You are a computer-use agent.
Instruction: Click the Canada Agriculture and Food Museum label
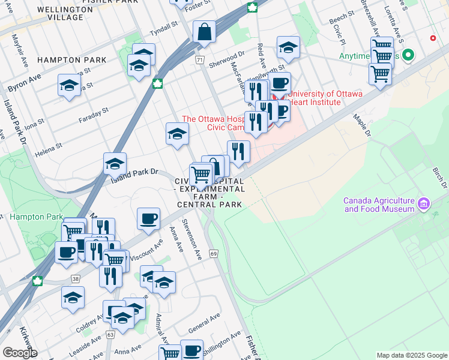pos(379,205)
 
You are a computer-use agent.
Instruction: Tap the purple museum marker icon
pos(424,204)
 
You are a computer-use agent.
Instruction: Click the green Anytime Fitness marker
pos(409,56)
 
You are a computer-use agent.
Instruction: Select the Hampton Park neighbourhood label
pos(72,60)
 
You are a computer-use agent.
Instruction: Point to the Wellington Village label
pos(60,13)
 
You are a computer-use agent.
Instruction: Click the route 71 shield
pos(200,60)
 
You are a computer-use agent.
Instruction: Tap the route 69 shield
pos(214,254)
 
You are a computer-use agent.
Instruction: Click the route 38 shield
pos(75,278)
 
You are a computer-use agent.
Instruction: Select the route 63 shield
pos(110,334)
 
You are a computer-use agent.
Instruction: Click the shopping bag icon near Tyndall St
pos(205,32)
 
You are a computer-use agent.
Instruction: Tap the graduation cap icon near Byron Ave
pos(70,85)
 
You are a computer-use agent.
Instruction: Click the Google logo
pos(20,353)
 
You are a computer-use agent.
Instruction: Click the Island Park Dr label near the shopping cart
pos(133,173)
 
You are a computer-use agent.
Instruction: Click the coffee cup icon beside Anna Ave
pos(148,219)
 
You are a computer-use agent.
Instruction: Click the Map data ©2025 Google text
pos(412,355)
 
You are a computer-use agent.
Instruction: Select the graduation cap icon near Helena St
pos(115,163)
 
